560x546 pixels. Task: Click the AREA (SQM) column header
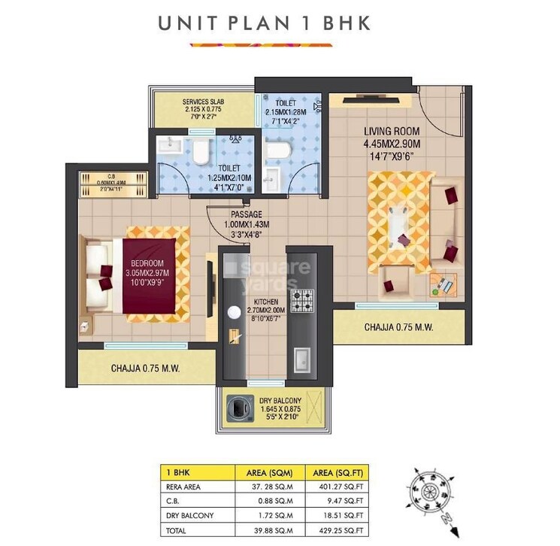pos(269,472)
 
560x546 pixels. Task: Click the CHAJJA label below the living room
pos(398,327)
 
